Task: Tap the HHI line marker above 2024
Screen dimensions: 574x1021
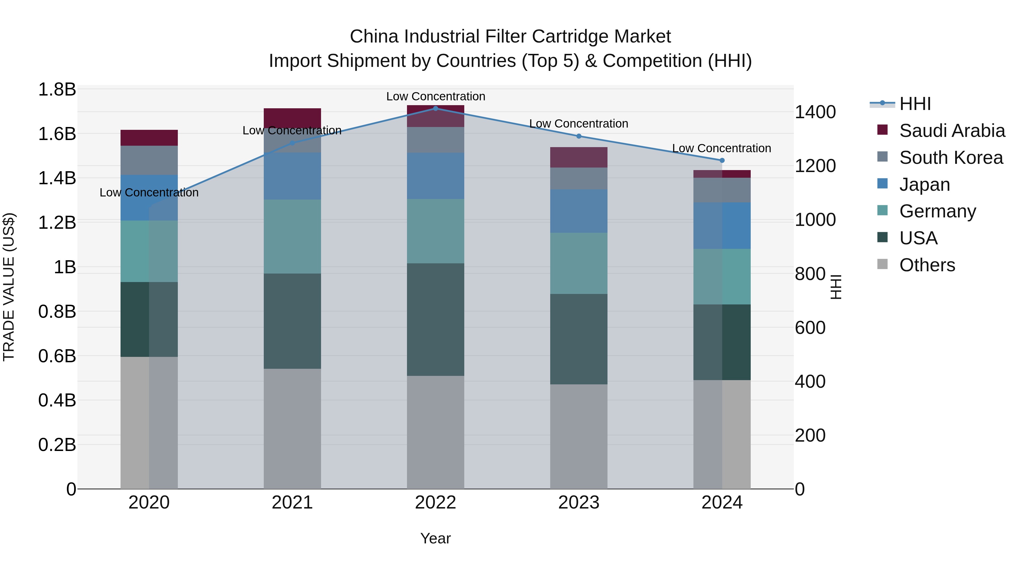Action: pos(722,160)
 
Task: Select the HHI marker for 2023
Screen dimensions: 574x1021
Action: pos(579,136)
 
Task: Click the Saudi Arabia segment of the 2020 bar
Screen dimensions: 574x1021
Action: pos(149,137)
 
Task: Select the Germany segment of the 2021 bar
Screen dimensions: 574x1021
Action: pos(292,236)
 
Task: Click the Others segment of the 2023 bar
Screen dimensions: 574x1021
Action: pos(579,436)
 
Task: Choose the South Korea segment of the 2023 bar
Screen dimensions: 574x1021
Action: pos(579,178)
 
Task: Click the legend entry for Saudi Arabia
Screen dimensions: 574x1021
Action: pos(952,131)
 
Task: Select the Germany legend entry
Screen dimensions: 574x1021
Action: pos(937,211)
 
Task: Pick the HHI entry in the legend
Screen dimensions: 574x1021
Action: pos(915,104)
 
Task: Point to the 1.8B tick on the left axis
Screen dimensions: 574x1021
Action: pos(57,90)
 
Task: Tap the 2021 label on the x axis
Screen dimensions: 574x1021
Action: pos(292,503)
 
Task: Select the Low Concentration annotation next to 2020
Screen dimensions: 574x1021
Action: pos(149,192)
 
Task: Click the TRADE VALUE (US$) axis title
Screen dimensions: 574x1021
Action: pos(9,287)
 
